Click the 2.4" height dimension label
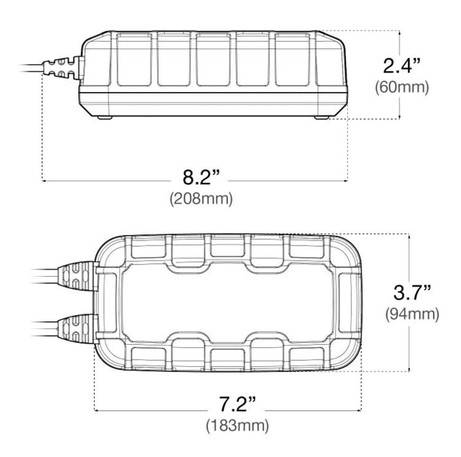tap(402, 65)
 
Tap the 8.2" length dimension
tap(201, 178)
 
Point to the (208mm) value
tap(201, 198)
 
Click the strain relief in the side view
tap(61, 67)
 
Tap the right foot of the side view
tap(322, 117)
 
